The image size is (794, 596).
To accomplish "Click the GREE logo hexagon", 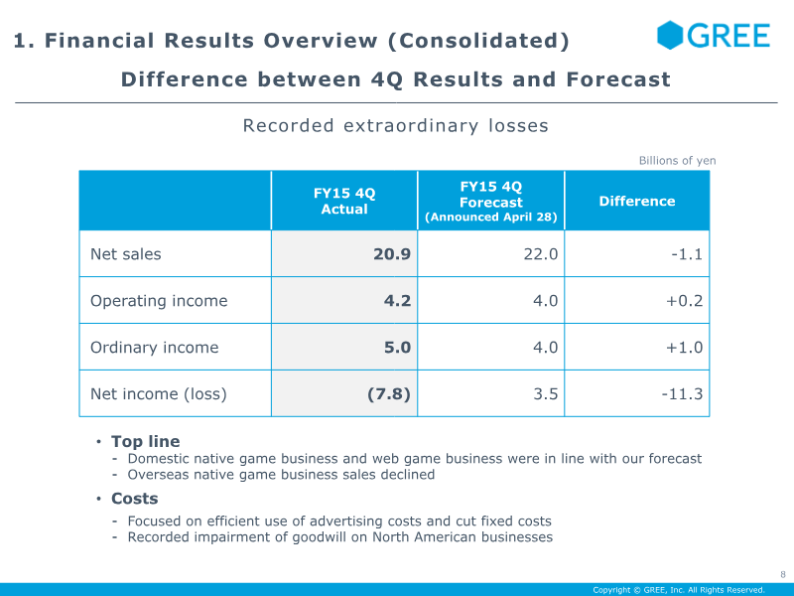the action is pyautogui.click(x=670, y=35).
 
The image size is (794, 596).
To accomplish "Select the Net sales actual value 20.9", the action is pyautogui.click(x=392, y=254).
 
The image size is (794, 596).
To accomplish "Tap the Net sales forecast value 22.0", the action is pyautogui.click(x=541, y=254).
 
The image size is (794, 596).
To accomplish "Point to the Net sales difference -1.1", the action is pyautogui.click(x=687, y=254).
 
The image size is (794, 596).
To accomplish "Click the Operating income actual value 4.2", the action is pyautogui.click(x=397, y=301).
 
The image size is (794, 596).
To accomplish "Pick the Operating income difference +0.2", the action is pyautogui.click(x=685, y=301).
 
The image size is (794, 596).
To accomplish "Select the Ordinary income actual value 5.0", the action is pyautogui.click(x=397, y=347).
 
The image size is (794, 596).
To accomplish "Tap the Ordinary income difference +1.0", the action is pyautogui.click(x=685, y=347).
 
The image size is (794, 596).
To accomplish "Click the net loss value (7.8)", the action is pyautogui.click(x=389, y=393).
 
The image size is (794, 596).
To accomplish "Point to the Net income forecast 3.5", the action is pyautogui.click(x=546, y=393).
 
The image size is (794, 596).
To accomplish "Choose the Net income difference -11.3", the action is pyautogui.click(x=682, y=393).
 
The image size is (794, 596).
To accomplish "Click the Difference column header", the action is pyautogui.click(x=637, y=202).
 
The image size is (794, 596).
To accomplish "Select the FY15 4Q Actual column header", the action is pyautogui.click(x=344, y=202).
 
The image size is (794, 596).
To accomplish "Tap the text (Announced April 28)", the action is pyautogui.click(x=491, y=217).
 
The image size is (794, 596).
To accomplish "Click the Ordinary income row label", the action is pyautogui.click(x=155, y=347).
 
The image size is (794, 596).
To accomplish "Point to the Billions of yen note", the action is pyautogui.click(x=678, y=161).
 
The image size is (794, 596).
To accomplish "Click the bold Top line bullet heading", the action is pyautogui.click(x=146, y=441).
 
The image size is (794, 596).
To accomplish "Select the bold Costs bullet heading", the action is pyautogui.click(x=135, y=499).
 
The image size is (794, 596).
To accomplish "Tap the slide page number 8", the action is pyautogui.click(x=783, y=574).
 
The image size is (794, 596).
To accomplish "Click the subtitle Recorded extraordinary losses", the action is pyautogui.click(x=395, y=126).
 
